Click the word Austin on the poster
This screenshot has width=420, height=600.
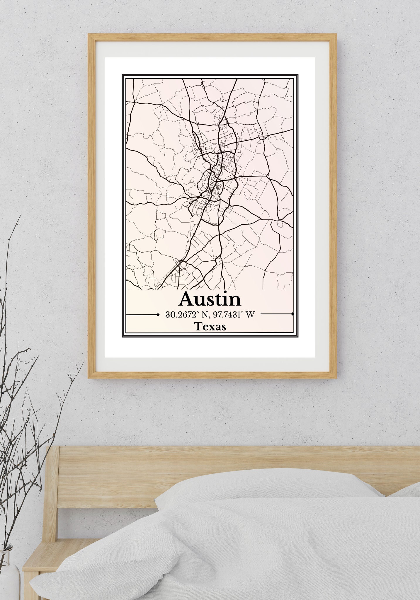(x=210, y=299)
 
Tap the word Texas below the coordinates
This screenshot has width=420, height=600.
(x=210, y=326)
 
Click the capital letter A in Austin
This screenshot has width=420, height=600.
(x=188, y=299)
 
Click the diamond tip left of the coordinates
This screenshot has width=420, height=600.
(x=158, y=315)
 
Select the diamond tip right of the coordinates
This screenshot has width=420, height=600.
(x=292, y=314)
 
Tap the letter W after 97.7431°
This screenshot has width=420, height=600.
(x=250, y=315)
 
